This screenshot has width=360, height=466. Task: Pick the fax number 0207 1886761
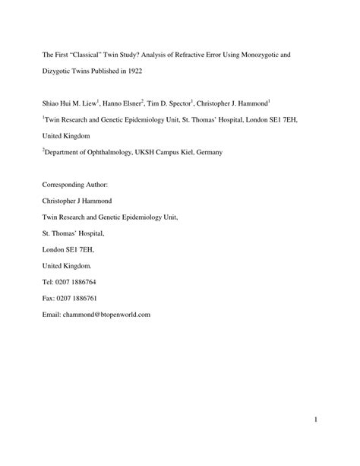tap(80, 298)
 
